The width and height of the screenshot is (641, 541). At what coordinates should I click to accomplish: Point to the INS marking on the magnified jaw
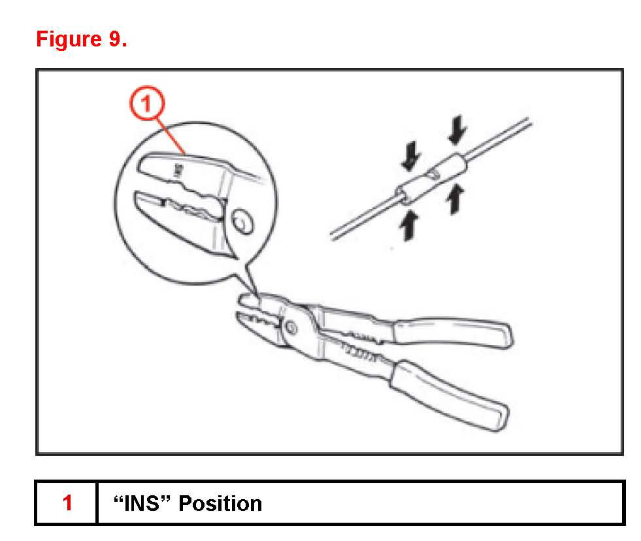tap(176, 171)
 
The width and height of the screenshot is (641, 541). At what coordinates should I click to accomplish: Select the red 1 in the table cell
tap(67, 503)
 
